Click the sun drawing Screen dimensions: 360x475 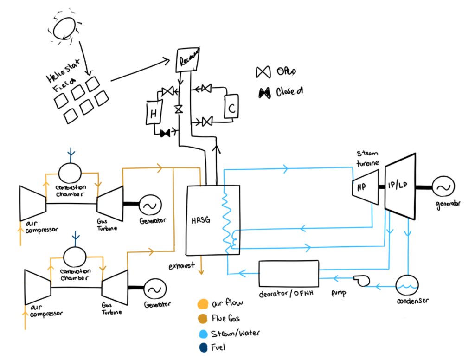[63, 28]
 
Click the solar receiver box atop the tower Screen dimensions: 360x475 [188, 59]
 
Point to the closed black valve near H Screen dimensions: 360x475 [165, 134]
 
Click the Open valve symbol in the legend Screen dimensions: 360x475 [263, 72]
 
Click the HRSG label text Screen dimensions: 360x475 [200, 220]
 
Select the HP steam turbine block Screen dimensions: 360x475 [364, 187]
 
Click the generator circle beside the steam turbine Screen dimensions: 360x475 [443, 187]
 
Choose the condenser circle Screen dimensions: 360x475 [407, 283]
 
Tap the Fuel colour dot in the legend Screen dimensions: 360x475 [202, 347]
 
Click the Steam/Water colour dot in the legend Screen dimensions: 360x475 [202, 333]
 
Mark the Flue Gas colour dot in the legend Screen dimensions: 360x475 [202, 319]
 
